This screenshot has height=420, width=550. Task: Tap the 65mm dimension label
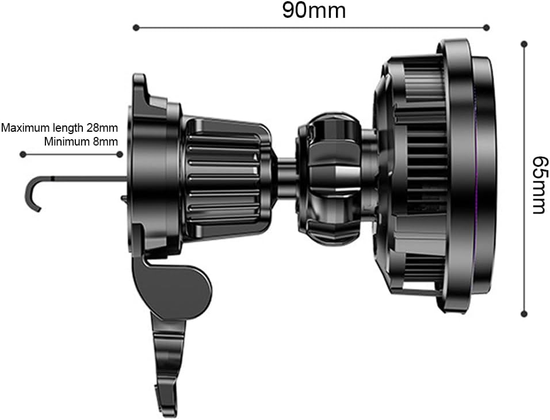[539, 185]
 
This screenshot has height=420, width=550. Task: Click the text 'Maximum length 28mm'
[59, 128]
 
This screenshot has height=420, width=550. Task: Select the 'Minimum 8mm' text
[81, 142]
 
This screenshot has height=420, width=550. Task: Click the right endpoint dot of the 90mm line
[486, 28]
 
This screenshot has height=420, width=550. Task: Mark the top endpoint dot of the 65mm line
[524, 44]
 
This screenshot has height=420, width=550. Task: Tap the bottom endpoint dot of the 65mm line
[524, 314]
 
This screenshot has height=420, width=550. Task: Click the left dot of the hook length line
[23, 154]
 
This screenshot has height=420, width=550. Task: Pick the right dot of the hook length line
[120, 154]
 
